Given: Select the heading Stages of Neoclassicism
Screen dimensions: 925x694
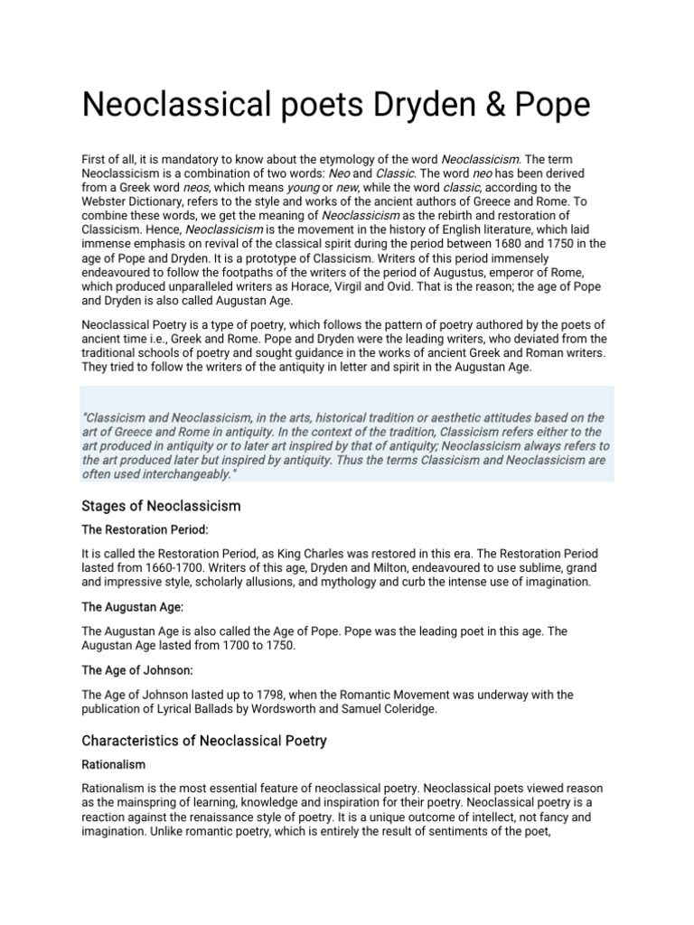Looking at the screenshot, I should (161, 506).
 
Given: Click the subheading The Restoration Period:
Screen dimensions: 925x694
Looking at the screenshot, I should (145, 529).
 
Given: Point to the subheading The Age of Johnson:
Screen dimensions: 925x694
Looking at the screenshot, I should (140, 670).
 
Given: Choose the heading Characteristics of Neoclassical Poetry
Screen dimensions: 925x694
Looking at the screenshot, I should (204, 741).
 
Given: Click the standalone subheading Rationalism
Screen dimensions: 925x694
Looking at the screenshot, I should (113, 764).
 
